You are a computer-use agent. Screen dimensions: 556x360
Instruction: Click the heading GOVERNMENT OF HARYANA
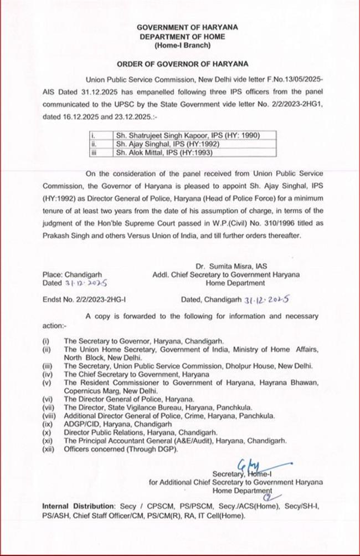click(x=180, y=27)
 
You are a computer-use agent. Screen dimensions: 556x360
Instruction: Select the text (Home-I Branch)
click(x=180, y=44)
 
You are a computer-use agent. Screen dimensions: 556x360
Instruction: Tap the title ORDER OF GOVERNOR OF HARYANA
click(x=180, y=63)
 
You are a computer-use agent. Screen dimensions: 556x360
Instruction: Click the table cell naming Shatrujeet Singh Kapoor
click(x=187, y=135)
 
